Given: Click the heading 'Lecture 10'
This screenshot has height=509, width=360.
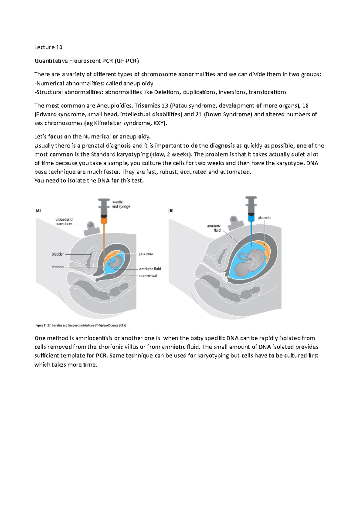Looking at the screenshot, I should click(x=48, y=47).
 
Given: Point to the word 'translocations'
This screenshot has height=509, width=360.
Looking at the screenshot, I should click(x=268, y=92).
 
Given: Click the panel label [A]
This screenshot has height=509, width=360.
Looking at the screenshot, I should click(x=38, y=211).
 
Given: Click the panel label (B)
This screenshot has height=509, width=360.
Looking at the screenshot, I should click(x=171, y=211).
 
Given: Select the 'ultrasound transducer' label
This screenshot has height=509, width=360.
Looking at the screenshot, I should click(x=64, y=222).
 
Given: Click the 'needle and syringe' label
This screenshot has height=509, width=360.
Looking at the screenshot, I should click(x=121, y=204).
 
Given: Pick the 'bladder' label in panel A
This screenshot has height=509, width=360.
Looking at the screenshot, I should click(x=58, y=254).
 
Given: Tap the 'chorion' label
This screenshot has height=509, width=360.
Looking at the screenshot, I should click(x=58, y=267).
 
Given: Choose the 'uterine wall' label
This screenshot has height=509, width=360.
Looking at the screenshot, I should click(x=148, y=276).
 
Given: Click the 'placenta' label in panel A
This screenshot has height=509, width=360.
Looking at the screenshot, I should click(x=146, y=254).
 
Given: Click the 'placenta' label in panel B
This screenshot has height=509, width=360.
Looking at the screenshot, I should click(x=264, y=218).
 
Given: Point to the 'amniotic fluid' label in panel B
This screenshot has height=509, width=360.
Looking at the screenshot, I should click(x=214, y=228).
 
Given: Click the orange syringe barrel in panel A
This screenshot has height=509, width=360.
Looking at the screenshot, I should click(x=104, y=220).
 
